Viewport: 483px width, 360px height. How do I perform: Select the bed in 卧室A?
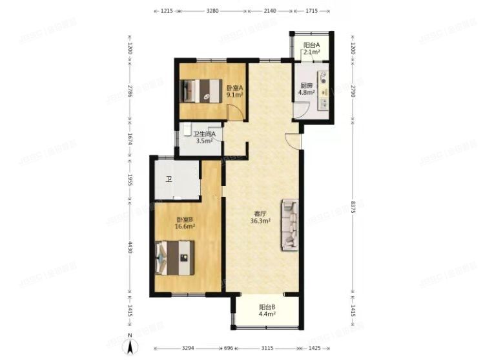click(x=196, y=92)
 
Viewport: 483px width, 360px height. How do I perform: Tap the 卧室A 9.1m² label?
click(x=234, y=92)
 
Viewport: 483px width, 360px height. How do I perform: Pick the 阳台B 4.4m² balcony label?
click(x=268, y=311)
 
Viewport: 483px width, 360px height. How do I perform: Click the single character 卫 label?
click(x=169, y=179)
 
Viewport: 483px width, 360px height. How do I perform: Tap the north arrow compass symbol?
click(x=131, y=347)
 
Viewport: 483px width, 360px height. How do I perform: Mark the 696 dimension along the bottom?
click(x=227, y=348)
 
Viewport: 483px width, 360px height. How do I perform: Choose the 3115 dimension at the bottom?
click(x=268, y=348)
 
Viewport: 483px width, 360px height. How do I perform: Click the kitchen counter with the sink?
click(x=325, y=90)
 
